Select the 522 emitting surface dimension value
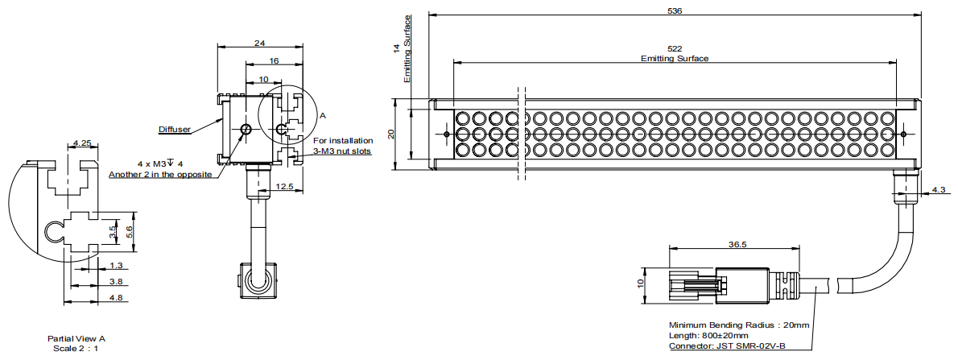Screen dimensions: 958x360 (675, 49)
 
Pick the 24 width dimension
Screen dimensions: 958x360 (261, 43)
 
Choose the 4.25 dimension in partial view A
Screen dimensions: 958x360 (82, 143)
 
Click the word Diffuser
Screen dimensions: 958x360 (175, 129)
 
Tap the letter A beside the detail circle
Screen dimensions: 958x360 (323, 115)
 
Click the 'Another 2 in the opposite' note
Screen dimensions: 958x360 (160, 174)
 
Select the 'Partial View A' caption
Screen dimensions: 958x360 (76, 338)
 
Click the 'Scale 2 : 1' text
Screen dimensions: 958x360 (76, 348)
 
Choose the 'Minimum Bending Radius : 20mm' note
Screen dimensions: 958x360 (739, 325)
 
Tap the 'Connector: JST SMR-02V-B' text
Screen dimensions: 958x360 (727, 346)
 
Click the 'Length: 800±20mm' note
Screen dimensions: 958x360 (708, 336)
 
